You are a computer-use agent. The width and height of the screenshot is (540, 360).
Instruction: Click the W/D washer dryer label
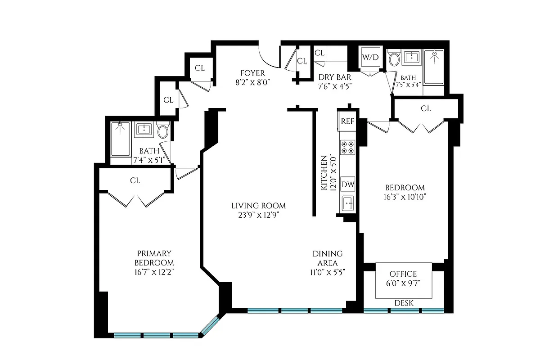point(370,57)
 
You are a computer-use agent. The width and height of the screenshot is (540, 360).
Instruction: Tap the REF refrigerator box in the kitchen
point(347,121)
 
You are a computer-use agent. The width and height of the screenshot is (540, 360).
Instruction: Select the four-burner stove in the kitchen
point(347,147)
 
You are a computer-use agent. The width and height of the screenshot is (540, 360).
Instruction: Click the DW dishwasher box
point(347,184)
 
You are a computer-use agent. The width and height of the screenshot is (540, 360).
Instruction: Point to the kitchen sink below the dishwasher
point(347,203)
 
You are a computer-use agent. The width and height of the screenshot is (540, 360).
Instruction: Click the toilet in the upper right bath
point(394,58)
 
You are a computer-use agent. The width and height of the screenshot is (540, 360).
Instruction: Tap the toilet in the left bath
point(162,131)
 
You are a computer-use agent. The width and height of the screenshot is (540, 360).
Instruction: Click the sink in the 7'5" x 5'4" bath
point(412,57)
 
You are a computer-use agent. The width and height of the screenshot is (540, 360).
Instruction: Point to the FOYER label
point(252,73)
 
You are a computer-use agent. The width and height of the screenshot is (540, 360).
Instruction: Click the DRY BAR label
point(335,77)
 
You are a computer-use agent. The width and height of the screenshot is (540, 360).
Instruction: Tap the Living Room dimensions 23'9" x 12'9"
point(258,215)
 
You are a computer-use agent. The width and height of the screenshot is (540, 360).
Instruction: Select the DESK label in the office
point(403,303)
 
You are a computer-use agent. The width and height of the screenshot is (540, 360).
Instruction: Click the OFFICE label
point(403,274)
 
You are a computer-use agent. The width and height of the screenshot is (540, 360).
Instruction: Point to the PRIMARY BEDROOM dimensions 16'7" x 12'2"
point(154,272)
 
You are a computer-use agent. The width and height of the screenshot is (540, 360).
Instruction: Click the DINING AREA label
point(328,258)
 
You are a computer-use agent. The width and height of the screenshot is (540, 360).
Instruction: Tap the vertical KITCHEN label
point(324,174)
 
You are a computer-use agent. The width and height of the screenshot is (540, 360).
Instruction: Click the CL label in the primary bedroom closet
point(135,180)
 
